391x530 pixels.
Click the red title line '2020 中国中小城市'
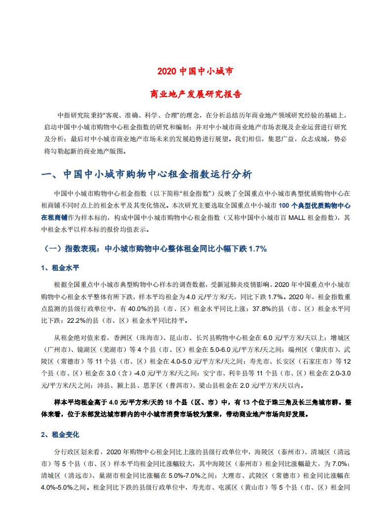coord(195,71)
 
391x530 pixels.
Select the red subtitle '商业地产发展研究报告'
coord(195,93)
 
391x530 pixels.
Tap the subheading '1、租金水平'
coord(60,268)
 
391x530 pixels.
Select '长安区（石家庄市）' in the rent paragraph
coord(301,362)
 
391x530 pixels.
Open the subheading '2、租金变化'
coord(60,435)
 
